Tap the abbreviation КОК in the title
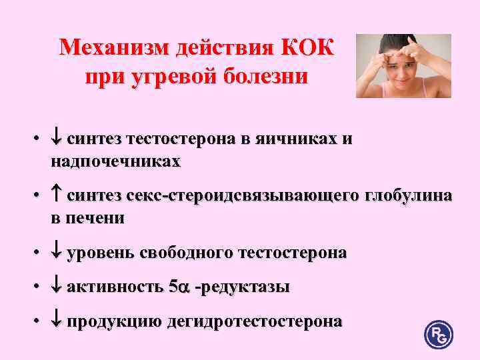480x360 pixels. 310,48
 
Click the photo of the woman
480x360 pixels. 403,66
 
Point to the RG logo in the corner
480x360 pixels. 438,334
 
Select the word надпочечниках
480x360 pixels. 114,161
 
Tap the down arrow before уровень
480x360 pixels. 56,253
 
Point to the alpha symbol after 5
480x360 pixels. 183,288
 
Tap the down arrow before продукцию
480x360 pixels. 56,321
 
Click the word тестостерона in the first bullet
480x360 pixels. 189,139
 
